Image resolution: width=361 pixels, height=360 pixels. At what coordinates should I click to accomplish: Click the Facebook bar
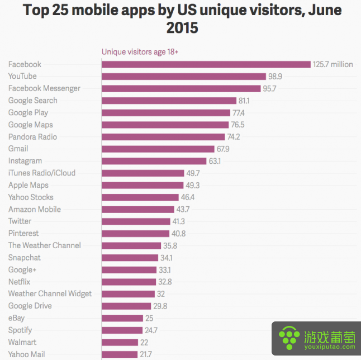206,64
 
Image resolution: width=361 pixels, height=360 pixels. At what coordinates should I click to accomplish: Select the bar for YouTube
183,77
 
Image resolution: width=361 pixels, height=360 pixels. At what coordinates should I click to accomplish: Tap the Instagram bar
154,161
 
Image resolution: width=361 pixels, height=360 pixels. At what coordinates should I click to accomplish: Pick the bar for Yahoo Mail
120,354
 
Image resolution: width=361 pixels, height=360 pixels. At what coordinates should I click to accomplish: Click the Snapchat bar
129,258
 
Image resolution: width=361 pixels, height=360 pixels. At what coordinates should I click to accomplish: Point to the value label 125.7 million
333,64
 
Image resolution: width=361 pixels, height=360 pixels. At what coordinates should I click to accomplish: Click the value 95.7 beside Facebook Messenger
269,88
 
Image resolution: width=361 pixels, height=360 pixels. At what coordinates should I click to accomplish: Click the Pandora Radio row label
32,137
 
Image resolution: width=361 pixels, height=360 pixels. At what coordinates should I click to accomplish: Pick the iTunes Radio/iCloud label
41,173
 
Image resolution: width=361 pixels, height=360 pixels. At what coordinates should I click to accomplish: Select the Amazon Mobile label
34,210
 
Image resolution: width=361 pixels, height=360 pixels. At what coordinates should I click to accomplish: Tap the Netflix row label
20,282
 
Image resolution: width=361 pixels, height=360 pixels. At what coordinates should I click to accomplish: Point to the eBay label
16,318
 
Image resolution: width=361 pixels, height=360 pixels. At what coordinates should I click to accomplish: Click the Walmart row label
22,342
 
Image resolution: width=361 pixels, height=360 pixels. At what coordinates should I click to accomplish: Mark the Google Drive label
30,306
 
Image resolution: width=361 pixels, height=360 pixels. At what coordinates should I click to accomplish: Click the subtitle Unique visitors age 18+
140,52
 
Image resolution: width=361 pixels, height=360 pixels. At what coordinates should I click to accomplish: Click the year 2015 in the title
182,27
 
